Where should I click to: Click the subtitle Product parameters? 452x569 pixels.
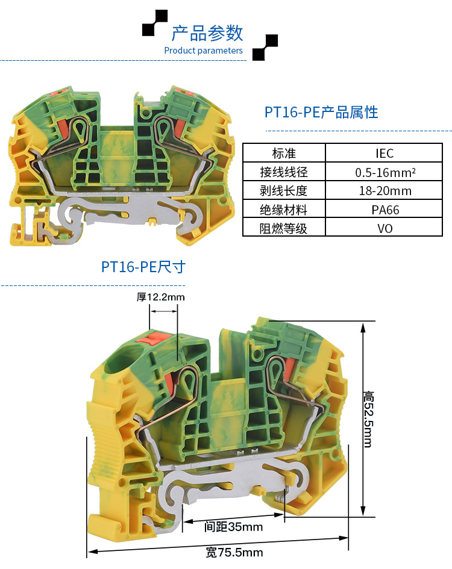click(x=203, y=51)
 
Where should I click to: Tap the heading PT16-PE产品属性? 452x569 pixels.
click(x=321, y=112)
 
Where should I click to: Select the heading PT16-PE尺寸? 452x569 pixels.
click(x=143, y=267)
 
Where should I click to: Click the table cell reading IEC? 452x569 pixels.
click(x=384, y=153)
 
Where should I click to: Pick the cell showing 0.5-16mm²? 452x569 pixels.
click(x=384, y=172)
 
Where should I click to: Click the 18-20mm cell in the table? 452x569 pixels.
click(x=384, y=191)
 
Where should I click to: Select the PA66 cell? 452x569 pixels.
click(x=384, y=210)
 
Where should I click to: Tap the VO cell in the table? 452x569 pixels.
click(x=384, y=228)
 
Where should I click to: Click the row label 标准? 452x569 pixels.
click(x=284, y=153)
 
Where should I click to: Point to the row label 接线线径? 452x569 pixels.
click(x=284, y=172)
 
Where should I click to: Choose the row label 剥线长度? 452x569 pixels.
click(x=284, y=191)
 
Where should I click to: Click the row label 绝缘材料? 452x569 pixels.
click(x=284, y=210)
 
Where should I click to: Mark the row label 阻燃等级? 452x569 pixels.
click(x=284, y=228)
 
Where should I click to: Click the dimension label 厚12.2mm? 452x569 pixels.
click(x=160, y=297)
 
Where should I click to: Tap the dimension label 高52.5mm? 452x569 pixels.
click(x=368, y=419)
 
